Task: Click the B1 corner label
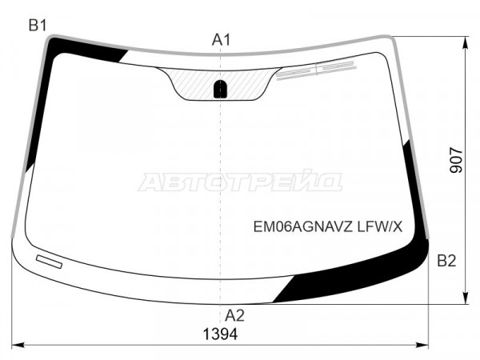[38, 25]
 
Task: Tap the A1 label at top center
[221, 40]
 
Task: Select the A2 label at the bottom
[234, 315]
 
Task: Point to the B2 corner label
[446, 261]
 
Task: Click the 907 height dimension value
[457, 160]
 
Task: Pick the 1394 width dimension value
[221, 334]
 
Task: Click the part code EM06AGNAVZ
[304, 227]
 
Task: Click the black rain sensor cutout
[220, 89]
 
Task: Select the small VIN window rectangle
[50, 262]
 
